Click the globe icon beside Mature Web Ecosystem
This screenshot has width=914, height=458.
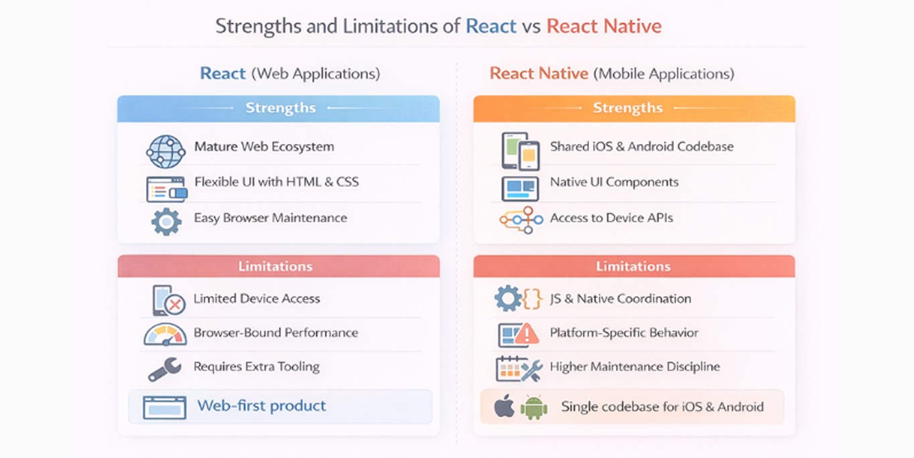(x=165, y=151)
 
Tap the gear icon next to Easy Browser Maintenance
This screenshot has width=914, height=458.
(x=166, y=222)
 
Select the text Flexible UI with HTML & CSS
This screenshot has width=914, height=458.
(x=276, y=182)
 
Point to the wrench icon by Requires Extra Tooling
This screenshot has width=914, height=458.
(x=164, y=369)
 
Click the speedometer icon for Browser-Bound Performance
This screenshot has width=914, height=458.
(x=165, y=334)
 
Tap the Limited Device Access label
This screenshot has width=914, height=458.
(x=257, y=299)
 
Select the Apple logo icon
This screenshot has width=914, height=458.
(x=504, y=406)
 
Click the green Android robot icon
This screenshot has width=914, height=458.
(x=534, y=407)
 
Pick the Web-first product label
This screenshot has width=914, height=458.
(x=261, y=406)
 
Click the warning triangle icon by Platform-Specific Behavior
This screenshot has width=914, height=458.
(x=527, y=333)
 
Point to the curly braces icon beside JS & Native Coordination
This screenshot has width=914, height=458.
(x=532, y=299)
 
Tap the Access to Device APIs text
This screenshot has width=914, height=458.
(x=611, y=218)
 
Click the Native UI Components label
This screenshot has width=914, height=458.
(x=614, y=182)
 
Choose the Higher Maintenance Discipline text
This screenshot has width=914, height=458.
(x=635, y=367)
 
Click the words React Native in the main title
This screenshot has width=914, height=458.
(x=604, y=27)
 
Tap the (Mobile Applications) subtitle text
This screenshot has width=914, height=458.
(x=663, y=74)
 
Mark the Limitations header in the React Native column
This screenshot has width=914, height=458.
(x=633, y=266)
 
